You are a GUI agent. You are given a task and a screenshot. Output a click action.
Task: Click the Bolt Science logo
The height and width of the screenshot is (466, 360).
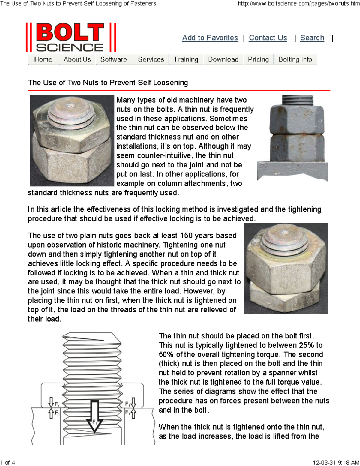coord(71,38)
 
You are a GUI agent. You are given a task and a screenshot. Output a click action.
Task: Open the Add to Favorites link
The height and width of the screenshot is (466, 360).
coord(210,38)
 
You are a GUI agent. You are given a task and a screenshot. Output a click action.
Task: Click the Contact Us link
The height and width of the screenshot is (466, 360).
coord(268,38)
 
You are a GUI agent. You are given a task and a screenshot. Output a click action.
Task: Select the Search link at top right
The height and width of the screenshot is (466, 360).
coord(312,38)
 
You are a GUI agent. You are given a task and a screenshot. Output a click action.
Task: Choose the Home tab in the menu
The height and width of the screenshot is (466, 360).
coord(43,59)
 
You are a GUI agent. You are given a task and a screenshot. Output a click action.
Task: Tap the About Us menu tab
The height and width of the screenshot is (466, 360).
coord(77,59)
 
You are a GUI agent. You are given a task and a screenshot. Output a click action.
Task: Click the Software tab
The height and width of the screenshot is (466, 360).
coord(113,59)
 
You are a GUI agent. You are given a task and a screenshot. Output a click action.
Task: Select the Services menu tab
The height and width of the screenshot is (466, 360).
coord(151,59)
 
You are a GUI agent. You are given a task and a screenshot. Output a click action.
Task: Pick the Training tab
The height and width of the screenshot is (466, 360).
coord(186,59)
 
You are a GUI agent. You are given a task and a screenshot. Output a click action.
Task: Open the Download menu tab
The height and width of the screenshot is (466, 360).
coord(223,59)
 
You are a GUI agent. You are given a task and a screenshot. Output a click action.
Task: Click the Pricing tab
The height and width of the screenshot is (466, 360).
coord(258,59)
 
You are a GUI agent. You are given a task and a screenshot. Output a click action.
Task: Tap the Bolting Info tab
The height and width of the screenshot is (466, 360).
coord(295,59)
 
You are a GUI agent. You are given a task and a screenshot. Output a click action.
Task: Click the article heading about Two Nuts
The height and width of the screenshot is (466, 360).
coord(108,83)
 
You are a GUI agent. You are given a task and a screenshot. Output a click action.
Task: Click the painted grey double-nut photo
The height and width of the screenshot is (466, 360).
coord(292,138)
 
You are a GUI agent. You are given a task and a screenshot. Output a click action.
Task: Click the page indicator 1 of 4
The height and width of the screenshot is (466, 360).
coord(8,462)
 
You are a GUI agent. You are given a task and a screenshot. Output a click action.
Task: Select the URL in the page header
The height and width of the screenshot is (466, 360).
coord(298,4)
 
